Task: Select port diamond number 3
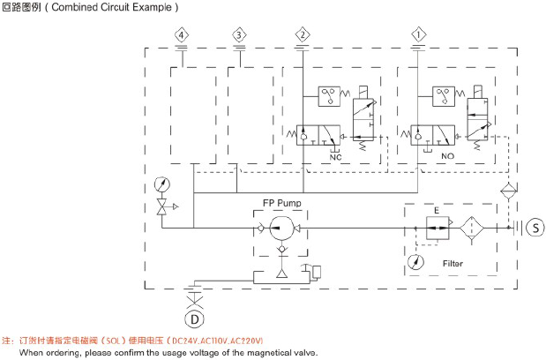(x=239, y=34)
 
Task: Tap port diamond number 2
(x=303, y=34)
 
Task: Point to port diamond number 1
(x=417, y=34)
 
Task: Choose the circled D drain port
(x=193, y=318)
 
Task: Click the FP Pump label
(x=282, y=203)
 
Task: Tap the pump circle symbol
(x=281, y=229)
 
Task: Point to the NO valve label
(x=448, y=156)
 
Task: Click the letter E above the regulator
(x=437, y=211)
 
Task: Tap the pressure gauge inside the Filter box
(x=415, y=262)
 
